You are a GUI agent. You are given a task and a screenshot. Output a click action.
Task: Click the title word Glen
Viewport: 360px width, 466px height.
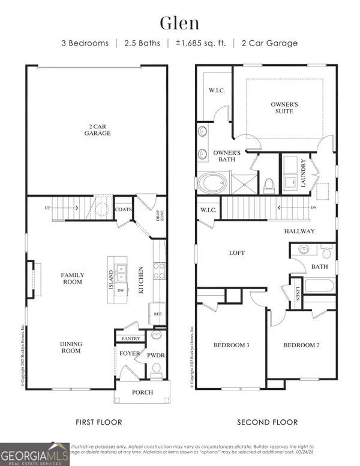click(180, 23)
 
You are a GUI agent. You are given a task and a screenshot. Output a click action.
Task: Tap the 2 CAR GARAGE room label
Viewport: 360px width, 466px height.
click(97, 130)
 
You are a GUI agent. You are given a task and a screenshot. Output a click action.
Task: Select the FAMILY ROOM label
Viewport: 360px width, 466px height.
click(73, 278)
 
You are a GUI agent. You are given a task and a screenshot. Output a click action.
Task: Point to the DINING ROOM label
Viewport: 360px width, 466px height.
click(71, 347)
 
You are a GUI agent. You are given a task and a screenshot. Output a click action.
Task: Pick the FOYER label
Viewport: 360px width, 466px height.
click(129, 354)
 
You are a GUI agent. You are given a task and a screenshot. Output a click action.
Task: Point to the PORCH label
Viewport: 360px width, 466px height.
click(142, 393)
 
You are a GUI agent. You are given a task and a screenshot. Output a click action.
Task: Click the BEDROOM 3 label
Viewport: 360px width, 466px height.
click(231, 345)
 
